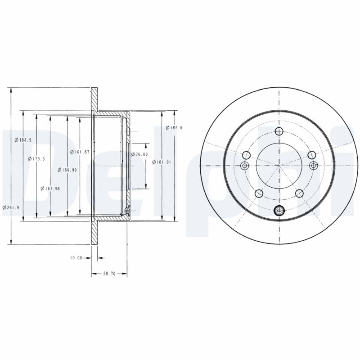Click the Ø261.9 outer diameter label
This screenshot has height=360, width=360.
pyautogui.click(x=11, y=207)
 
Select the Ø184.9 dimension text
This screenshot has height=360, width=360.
pyautogui.click(x=23, y=140)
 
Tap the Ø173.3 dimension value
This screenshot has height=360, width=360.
pyautogui.click(x=36, y=159)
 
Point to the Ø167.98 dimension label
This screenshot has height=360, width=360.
pyautogui.click(x=50, y=189)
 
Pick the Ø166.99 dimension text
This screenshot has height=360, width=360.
pyautogui.click(x=67, y=170)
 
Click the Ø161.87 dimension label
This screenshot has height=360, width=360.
pyautogui.click(x=80, y=152)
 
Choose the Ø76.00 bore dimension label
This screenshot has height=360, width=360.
pyautogui.click(x=139, y=154)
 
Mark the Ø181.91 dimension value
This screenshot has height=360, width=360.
pyautogui.click(x=162, y=162)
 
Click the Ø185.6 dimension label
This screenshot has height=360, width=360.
pyautogui.click(x=174, y=128)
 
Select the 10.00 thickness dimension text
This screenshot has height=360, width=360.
pyautogui.click(x=76, y=258)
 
